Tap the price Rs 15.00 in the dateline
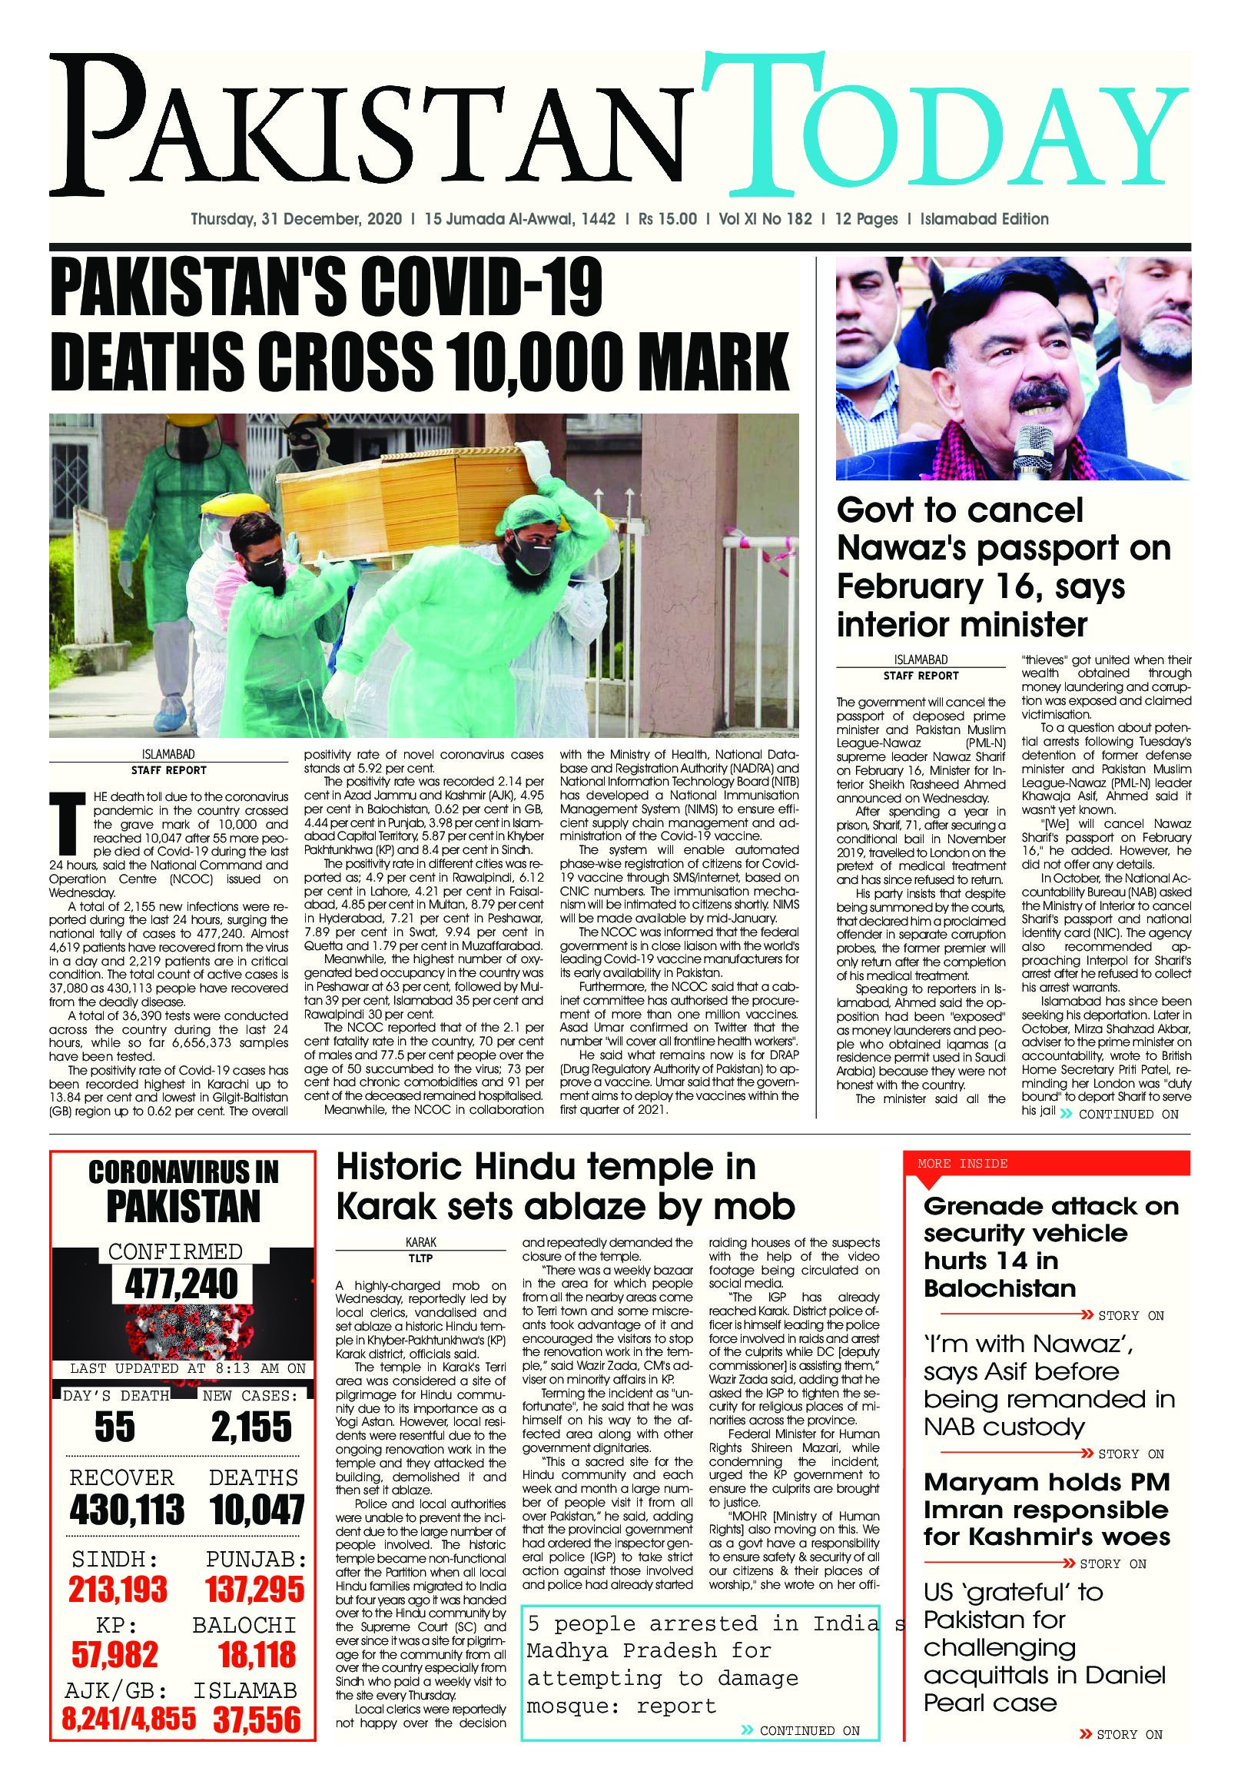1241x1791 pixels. pos(666,219)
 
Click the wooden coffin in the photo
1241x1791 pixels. pos(404,505)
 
